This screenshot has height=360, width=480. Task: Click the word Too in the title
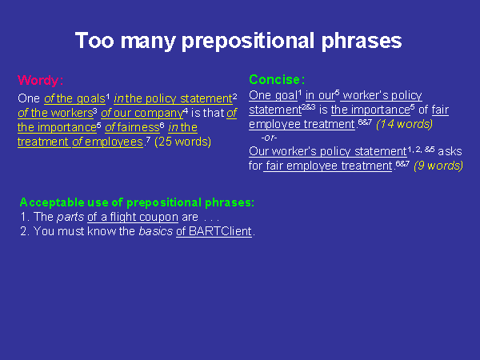pyautogui.click(x=94, y=41)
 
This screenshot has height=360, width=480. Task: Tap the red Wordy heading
pyautogui.click(x=41, y=80)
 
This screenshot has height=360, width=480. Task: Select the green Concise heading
pyautogui.click(x=277, y=79)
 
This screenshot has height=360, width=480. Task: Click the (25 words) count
pyautogui.click(x=182, y=142)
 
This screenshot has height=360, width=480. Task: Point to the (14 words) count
pyautogui.click(x=404, y=124)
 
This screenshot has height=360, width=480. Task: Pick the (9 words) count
pyautogui.click(x=438, y=166)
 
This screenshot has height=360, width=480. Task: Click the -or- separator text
pyautogui.click(x=269, y=138)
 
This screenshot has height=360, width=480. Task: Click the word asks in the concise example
pyautogui.click(x=450, y=151)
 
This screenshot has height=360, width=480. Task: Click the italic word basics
pyautogui.click(x=155, y=231)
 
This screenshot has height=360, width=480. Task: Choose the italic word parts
pyautogui.click(x=70, y=217)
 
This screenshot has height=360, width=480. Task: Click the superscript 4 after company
pyautogui.click(x=186, y=110)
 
